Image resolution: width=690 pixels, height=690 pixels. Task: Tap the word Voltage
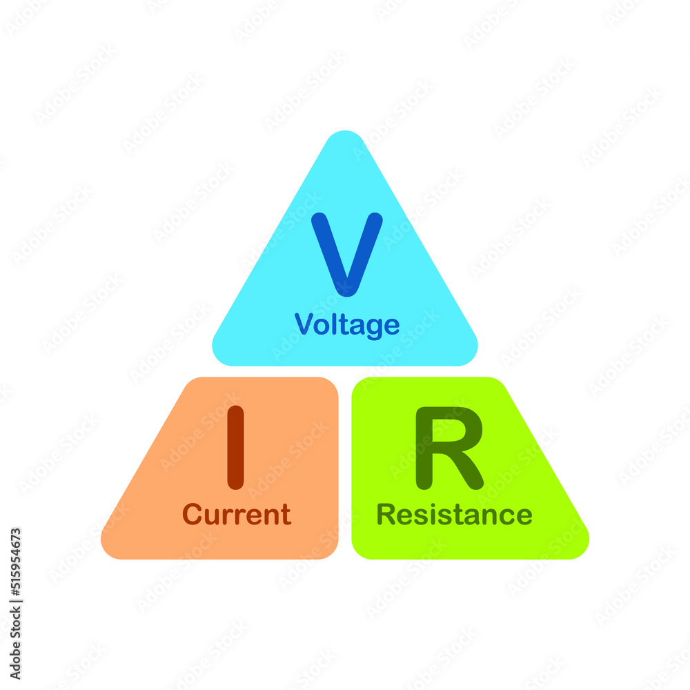(347, 325)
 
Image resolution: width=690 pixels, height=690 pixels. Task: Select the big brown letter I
(235, 447)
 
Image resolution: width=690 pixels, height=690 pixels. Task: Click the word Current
(237, 515)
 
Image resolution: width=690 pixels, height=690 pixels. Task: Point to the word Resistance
(454, 515)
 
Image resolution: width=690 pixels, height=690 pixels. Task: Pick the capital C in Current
(192, 515)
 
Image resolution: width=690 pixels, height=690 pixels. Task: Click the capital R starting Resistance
(385, 515)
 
